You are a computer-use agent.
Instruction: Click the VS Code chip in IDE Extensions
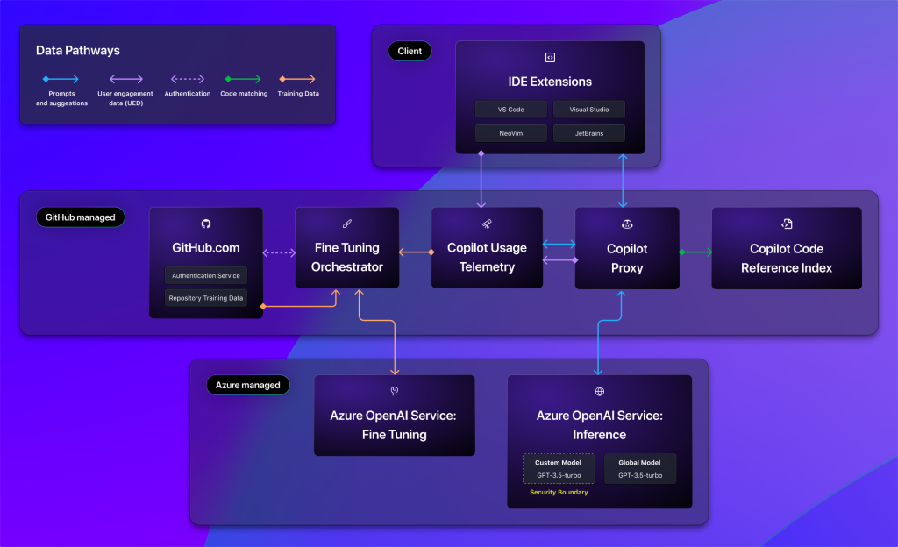(511, 110)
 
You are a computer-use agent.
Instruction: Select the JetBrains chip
(589, 133)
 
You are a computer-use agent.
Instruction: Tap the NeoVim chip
(511, 133)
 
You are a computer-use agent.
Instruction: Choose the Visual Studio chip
(589, 110)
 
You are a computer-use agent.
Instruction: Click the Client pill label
(410, 51)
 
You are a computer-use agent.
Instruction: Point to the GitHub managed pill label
(80, 217)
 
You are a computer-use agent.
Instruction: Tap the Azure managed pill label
(248, 385)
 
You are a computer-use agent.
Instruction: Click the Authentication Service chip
(206, 275)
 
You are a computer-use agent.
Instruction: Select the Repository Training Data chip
(206, 298)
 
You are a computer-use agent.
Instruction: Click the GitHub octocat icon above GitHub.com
(206, 224)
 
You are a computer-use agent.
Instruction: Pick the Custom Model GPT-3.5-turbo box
(559, 468)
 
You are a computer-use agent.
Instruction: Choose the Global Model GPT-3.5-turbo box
(640, 468)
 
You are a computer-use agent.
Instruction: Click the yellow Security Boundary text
(559, 493)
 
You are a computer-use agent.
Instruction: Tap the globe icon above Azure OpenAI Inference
(600, 392)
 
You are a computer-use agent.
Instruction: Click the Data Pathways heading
(78, 51)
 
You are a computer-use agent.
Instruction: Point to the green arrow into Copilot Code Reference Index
(695, 252)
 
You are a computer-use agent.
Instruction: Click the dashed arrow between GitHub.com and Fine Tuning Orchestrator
(279, 252)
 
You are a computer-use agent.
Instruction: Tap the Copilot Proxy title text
(627, 257)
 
